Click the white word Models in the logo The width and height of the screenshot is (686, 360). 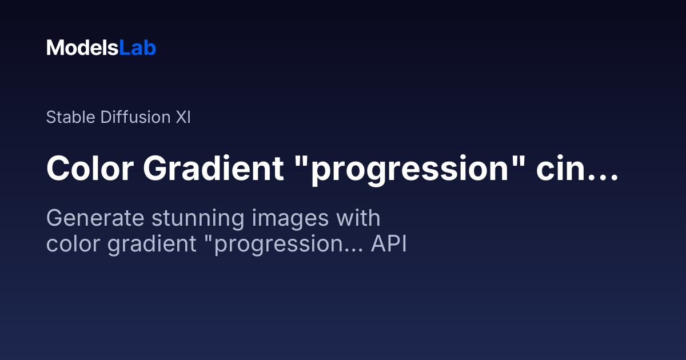coord(82,48)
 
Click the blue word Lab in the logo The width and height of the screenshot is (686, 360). coord(138,48)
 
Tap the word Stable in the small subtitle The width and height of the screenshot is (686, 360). coord(70,117)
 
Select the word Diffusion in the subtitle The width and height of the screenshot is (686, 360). coord(135,117)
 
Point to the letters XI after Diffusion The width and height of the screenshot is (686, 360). coord(183,117)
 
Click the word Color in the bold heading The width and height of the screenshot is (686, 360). coord(90,169)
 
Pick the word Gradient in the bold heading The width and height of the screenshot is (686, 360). coord(213,169)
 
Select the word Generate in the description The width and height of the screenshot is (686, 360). coord(95,218)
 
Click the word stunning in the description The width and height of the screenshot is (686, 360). coord(198,219)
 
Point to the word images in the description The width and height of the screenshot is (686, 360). coord(290,219)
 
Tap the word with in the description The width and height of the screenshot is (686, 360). coord(358,217)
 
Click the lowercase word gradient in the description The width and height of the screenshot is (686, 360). coord(152,245)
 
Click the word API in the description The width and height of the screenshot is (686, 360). coord(389,243)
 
